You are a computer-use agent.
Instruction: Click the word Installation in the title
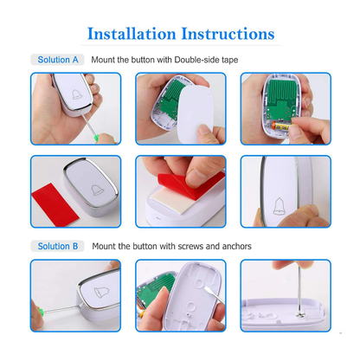131,35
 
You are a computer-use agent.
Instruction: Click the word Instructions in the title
227,35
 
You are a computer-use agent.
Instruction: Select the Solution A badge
58,60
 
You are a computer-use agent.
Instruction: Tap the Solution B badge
58,246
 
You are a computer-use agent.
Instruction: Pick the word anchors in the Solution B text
235,246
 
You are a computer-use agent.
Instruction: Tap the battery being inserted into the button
274,126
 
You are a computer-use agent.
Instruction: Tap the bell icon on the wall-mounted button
280,206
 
